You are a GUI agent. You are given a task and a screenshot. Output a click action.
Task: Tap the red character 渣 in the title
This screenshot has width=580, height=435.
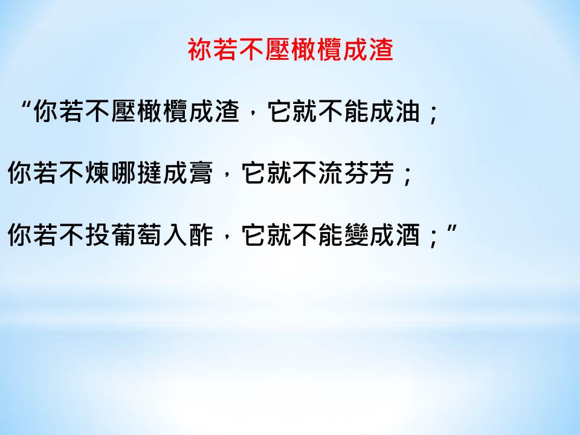[381, 50]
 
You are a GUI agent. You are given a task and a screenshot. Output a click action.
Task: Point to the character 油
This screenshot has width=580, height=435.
[408, 111]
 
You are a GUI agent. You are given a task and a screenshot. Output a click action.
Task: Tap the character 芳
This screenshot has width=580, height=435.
[382, 173]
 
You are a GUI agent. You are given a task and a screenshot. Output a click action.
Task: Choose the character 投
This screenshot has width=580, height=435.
[98, 235]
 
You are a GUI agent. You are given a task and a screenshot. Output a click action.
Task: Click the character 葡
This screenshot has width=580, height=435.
[123, 235]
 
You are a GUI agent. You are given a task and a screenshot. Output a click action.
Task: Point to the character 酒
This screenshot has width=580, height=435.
[408, 235]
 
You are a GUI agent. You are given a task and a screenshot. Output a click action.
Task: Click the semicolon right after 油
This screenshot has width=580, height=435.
[433, 115]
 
